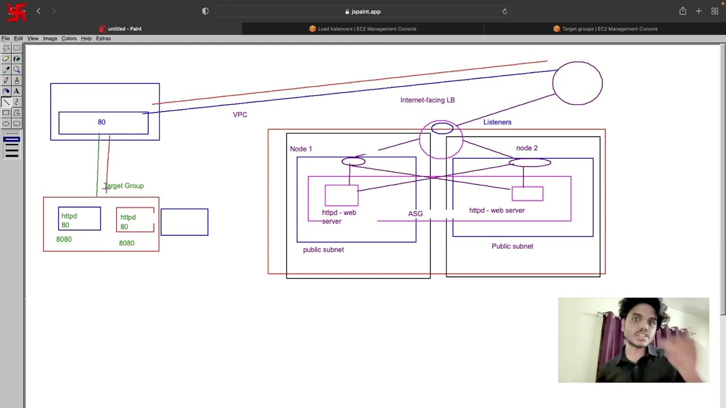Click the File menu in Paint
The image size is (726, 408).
[x=6, y=39]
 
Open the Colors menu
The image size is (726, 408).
[x=69, y=39]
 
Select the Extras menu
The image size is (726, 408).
[x=103, y=39]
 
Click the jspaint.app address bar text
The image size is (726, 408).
[x=366, y=11]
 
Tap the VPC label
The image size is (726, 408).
[x=240, y=114]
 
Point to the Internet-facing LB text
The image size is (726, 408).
[x=427, y=100]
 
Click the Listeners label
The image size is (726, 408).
[x=497, y=122]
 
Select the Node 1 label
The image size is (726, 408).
[x=301, y=149]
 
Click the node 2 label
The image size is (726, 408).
[x=526, y=148]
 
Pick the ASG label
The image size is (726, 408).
[x=415, y=214]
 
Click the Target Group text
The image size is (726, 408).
[x=124, y=186]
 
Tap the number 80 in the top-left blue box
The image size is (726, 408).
[x=102, y=122]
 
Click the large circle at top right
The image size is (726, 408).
[x=577, y=83]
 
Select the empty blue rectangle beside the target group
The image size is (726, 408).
[x=184, y=222]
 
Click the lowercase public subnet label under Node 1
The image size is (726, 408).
[x=323, y=250]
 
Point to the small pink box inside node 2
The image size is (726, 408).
[x=527, y=194]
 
